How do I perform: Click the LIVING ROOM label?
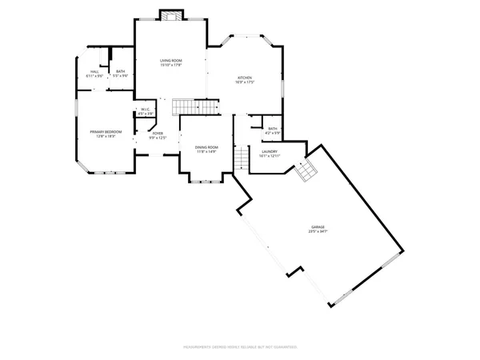pos(170,61)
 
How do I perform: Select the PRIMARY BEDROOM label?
pos(106,131)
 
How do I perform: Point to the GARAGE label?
pos(318,227)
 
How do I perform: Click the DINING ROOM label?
pos(206,147)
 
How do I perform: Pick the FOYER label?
pos(158,134)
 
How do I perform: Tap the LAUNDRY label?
pos(269,151)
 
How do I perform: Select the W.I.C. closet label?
pos(146,110)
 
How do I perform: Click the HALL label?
pos(94,72)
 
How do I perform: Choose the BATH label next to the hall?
pos(120,72)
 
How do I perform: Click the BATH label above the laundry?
pos(273,129)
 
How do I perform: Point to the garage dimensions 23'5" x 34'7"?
pos(318,232)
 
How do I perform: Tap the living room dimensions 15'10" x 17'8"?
pos(170,66)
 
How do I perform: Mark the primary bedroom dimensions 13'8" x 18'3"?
pos(106,136)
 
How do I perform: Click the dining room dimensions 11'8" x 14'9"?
pos(206,152)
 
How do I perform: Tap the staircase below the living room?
pos(195,106)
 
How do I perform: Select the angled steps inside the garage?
pos(304,170)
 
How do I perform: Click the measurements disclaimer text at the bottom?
pos(240,347)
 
